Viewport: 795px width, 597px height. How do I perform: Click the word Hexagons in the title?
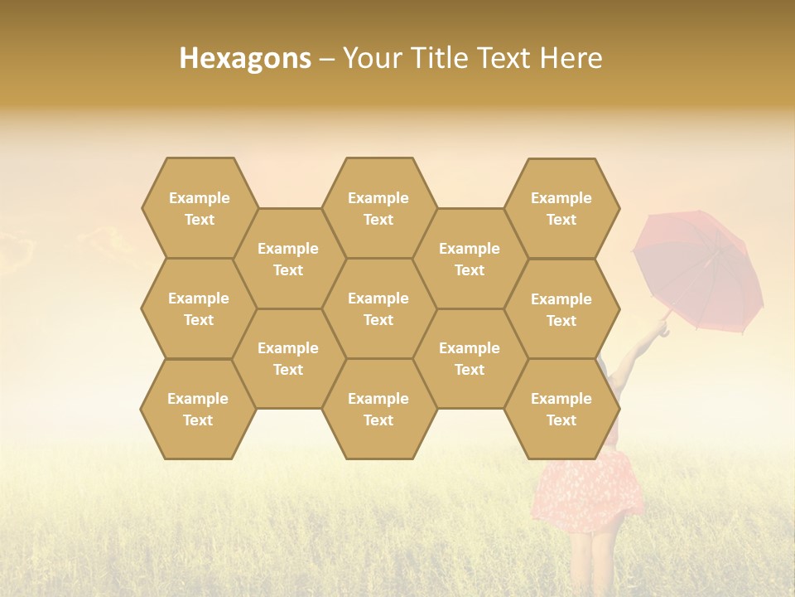click(x=245, y=58)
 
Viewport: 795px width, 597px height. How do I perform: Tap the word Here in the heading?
click(x=571, y=58)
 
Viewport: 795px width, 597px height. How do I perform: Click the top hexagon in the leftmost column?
click(x=199, y=208)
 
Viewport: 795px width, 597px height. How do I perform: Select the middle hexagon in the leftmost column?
click(x=199, y=308)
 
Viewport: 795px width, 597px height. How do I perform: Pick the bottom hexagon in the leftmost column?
click(x=198, y=409)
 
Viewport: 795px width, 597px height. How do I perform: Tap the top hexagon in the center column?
click(x=378, y=208)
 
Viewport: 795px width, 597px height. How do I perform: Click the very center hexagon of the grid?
click(x=378, y=308)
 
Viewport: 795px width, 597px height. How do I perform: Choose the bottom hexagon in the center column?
click(x=378, y=409)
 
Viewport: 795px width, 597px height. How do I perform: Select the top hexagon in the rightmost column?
click(x=561, y=208)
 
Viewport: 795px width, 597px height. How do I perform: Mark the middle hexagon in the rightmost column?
click(x=561, y=309)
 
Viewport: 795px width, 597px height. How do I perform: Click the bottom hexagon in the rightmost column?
click(x=561, y=409)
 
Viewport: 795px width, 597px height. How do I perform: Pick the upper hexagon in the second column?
click(x=288, y=259)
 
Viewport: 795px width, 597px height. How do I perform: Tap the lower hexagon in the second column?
click(x=288, y=358)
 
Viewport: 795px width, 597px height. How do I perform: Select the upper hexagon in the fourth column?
click(x=470, y=259)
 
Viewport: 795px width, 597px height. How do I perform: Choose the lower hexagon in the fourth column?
click(x=470, y=358)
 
